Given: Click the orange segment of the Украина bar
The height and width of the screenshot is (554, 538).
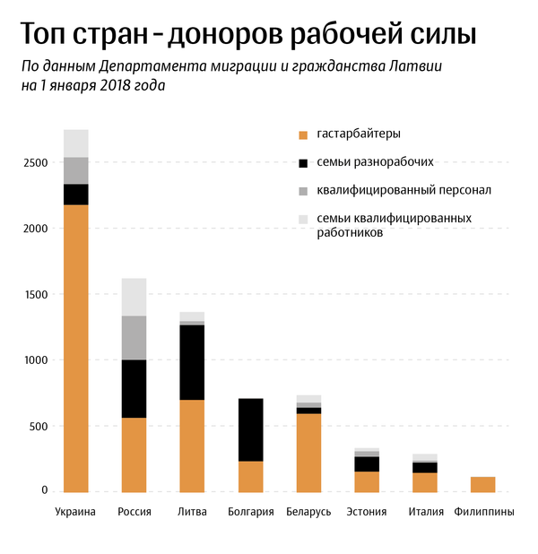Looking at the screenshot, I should (x=76, y=348).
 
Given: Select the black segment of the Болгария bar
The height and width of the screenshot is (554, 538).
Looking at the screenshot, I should (x=250, y=429).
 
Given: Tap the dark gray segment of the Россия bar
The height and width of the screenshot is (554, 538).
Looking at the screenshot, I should (x=134, y=337).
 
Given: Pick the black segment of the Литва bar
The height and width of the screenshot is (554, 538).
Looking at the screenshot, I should (x=192, y=362).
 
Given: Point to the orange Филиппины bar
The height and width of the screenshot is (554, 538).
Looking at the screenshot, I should (x=482, y=484).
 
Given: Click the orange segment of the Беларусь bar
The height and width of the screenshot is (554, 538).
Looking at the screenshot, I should (x=308, y=452).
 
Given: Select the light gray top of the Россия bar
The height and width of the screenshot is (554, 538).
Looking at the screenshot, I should (x=134, y=297).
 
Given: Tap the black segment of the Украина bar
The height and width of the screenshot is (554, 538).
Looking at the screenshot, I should (x=76, y=195).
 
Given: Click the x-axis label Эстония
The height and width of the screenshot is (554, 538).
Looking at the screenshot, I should (x=366, y=512).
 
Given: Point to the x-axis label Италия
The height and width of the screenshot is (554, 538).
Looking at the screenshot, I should (x=424, y=512).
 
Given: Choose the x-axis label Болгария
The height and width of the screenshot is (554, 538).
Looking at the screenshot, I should (x=250, y=512).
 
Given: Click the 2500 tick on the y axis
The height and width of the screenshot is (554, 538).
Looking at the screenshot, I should (x=36, y=163).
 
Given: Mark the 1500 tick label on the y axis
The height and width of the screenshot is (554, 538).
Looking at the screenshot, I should (x=36, y=294).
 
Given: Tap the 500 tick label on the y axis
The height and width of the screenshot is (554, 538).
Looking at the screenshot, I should (x=39, y=426).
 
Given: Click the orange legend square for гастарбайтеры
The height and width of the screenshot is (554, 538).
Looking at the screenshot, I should (x=303, y=134).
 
